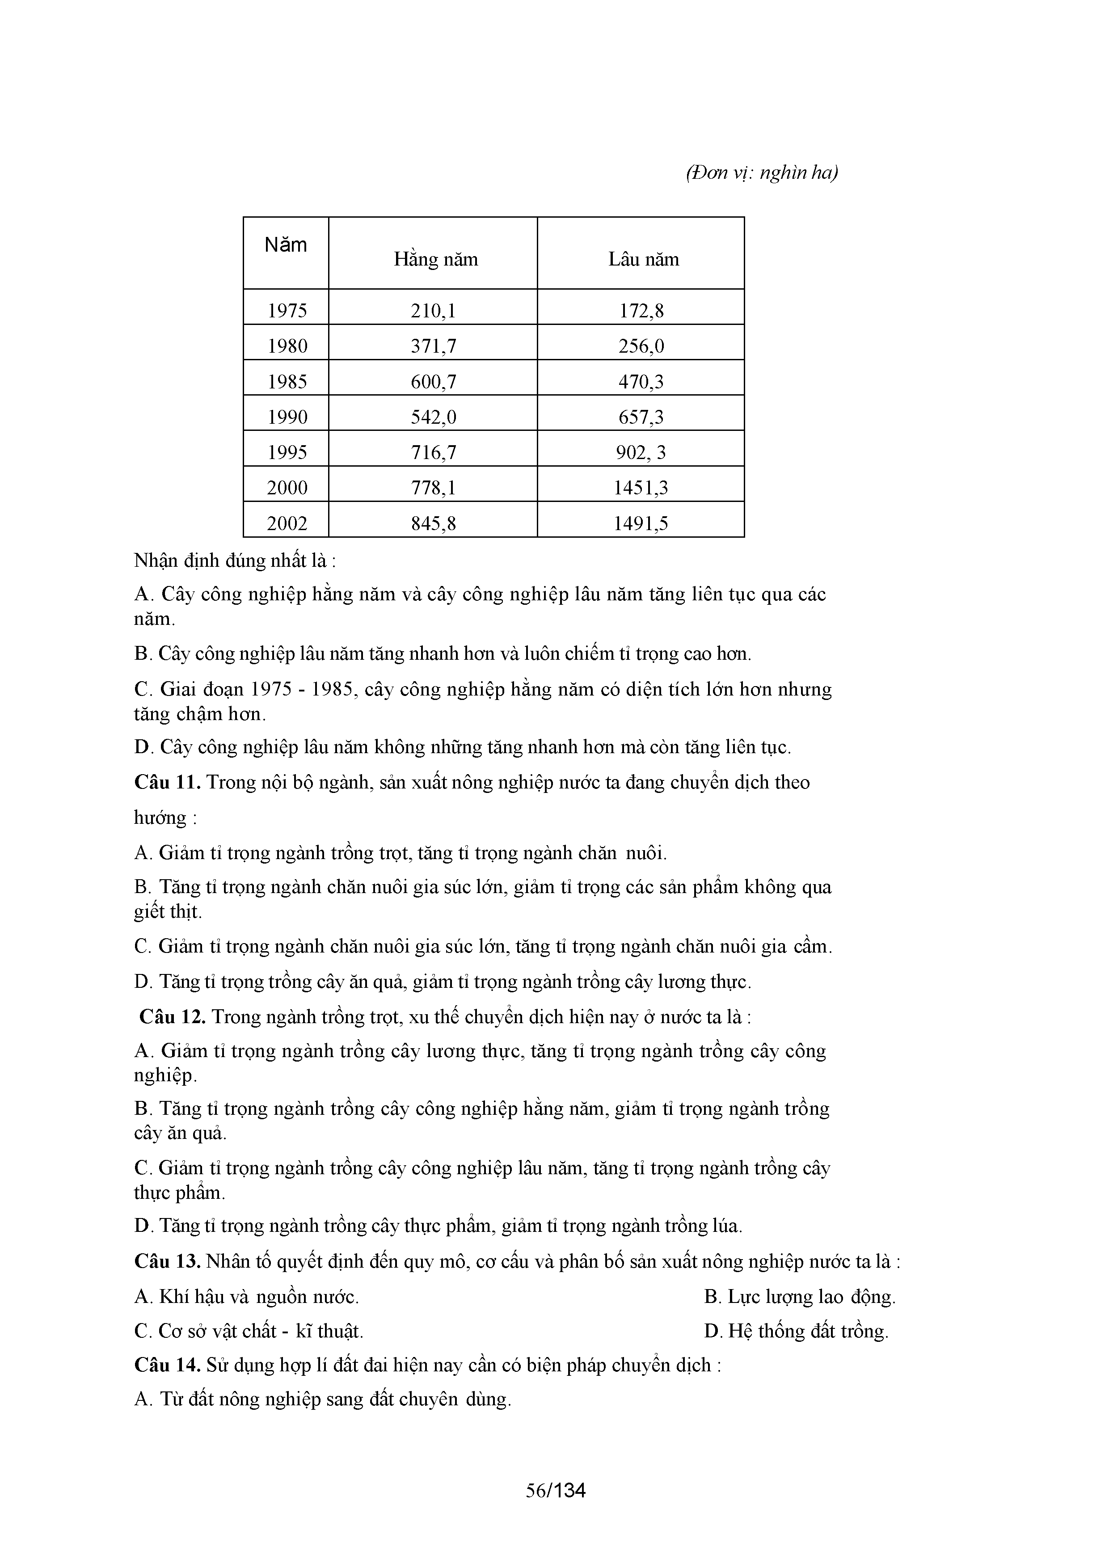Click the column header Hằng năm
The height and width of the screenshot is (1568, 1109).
[x=436, y=260]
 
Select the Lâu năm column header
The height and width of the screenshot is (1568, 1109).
[x=643, y=260]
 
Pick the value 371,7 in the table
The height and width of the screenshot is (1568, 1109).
[x=433, y=347]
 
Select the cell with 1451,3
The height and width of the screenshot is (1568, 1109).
[x=641, y=488]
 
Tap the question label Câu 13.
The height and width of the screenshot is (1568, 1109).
[x=167, y=1261]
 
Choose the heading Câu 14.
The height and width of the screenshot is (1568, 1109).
[x=167, y=1365]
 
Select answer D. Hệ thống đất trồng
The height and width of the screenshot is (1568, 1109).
[x=796, y=1331]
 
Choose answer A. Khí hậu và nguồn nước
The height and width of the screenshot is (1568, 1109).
[x=247, y=1297]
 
